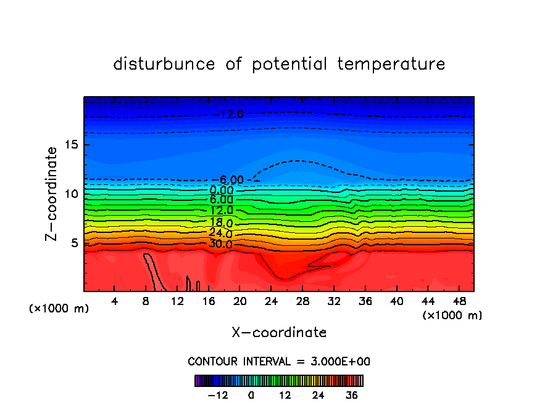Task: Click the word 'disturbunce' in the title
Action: [165, 64]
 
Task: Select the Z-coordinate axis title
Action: [52, 193]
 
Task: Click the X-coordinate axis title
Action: [279, 333]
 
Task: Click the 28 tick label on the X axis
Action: [302, 301]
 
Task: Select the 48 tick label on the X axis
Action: [459, 301]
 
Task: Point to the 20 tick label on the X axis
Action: [240, 301]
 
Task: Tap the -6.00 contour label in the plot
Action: [233, 180]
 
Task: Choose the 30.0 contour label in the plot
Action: [220, 244]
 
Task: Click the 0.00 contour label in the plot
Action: [220, 190]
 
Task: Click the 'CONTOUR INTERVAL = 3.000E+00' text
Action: [279, 361]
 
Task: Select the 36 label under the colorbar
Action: [351, 395]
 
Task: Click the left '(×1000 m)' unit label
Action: [59, 309]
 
